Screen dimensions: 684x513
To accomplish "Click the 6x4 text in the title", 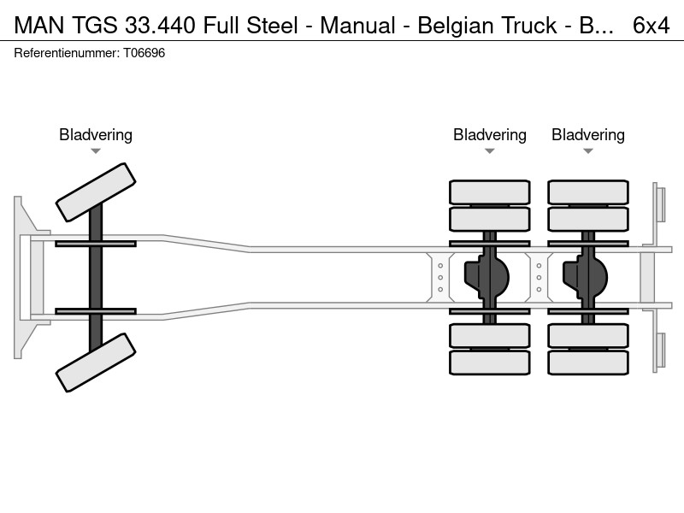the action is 651,26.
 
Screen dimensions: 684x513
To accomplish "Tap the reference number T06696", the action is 144,53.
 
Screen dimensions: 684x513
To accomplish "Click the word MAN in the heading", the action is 39,26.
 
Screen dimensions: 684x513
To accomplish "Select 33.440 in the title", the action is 160,26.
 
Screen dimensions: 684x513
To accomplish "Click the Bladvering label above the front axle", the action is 96,135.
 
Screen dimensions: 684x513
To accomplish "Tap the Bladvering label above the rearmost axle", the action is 588,135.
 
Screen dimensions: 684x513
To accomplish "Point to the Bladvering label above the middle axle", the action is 490,135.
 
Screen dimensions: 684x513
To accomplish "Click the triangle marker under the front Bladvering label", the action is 96,151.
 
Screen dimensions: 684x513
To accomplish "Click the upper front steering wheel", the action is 96,192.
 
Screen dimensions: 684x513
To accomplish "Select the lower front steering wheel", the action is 96,363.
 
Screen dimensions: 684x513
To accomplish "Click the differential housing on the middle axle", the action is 486,277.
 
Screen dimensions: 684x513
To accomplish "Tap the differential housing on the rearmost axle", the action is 586,277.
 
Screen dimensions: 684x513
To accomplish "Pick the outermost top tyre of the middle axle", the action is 490,192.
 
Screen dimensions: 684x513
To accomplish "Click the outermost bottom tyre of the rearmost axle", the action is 588,363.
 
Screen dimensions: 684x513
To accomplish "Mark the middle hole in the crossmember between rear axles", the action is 539,277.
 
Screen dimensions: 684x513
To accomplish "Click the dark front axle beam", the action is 96,277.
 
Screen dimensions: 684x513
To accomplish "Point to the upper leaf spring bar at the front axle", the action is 96,244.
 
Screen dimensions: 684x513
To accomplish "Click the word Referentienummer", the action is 67,53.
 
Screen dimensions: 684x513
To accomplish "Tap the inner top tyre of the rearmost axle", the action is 588,219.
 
